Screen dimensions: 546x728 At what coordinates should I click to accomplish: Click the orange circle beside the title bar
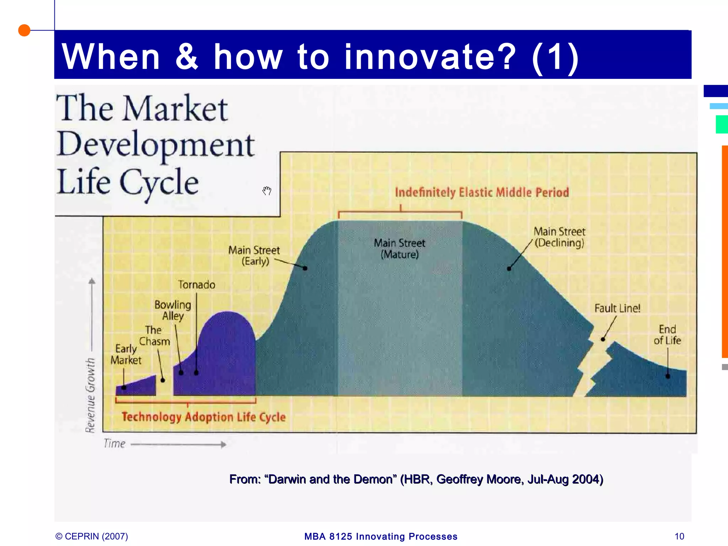[x=24, y=30]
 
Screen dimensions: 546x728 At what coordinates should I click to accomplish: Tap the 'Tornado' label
[x=197, y=285]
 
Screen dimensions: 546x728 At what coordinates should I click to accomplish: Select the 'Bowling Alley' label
[x=173, y=310]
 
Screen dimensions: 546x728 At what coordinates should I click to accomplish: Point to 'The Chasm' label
[x=154, y=336]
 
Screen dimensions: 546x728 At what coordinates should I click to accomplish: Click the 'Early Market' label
[x=126, y=354]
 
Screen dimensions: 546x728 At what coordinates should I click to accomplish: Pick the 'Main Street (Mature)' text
[x=400, y=248]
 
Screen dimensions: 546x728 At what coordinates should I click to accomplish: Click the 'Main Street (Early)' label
[x=254, y=256]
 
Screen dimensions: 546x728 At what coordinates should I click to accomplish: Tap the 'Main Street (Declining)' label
[x=559, y=237]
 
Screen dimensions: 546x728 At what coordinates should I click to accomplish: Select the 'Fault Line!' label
[x=617, y=308]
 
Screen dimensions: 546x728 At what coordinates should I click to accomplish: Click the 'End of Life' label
[x=667, y=335]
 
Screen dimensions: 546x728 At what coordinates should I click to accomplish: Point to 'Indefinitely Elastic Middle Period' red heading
[x=482, y=192]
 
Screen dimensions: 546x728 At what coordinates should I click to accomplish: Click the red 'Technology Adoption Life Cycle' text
[x=204, y=417]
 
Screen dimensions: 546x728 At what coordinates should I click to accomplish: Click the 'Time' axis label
[x=114, y=444]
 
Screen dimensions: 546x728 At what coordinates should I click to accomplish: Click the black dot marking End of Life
[x=668, y=376]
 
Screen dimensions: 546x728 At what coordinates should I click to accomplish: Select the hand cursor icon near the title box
[x=267, y=191]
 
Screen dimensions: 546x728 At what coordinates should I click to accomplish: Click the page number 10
[x=679, y=536]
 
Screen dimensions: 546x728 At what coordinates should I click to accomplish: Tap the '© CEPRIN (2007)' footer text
[x=92, y=536]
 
